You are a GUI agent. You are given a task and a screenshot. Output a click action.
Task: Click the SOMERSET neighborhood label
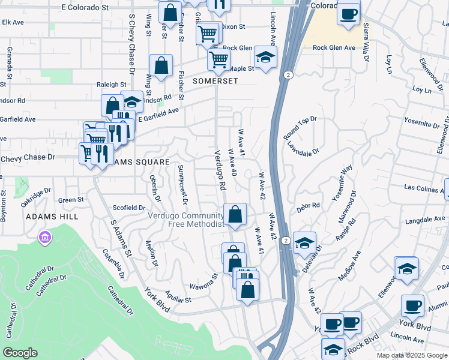click(x=215, y=80)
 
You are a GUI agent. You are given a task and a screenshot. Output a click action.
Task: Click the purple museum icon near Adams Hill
click(x=44, y=239)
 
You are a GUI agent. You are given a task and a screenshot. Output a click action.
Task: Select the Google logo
click(x=20, y=353)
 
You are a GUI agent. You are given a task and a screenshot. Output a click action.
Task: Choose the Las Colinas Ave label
click(x=424, y=187)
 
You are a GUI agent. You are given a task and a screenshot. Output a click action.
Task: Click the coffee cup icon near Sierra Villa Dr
click(x=348, y=14)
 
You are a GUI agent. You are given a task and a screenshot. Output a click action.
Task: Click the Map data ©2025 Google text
click(x=412, y=355)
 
